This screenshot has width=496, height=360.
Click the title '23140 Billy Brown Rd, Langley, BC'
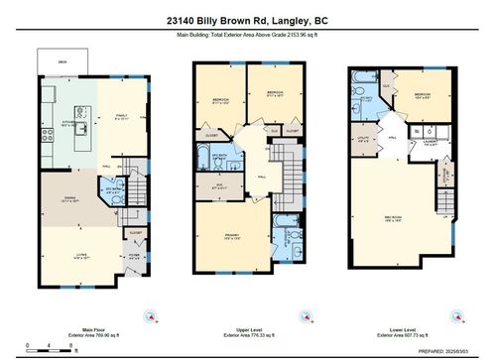point(248,17)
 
